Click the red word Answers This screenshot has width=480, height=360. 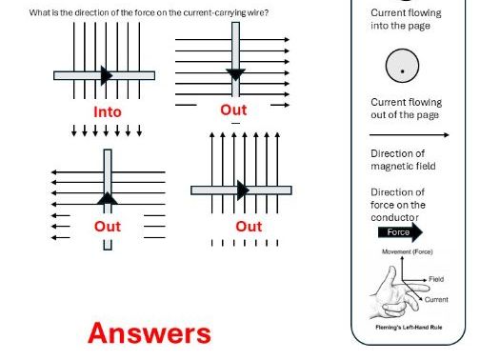(150, 332)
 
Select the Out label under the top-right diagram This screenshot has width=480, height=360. (233, 110)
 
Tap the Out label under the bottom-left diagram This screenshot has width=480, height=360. (107, 227)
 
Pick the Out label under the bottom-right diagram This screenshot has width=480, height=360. (249, 227)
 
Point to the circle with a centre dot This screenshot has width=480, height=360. (402, 68)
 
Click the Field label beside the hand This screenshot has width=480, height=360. (436, 279)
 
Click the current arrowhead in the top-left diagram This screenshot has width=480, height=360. (108, 75)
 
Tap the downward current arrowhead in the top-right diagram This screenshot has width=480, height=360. (235, 75)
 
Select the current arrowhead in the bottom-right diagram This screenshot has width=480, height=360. (243, 190)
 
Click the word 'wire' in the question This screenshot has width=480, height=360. (275, 10)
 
